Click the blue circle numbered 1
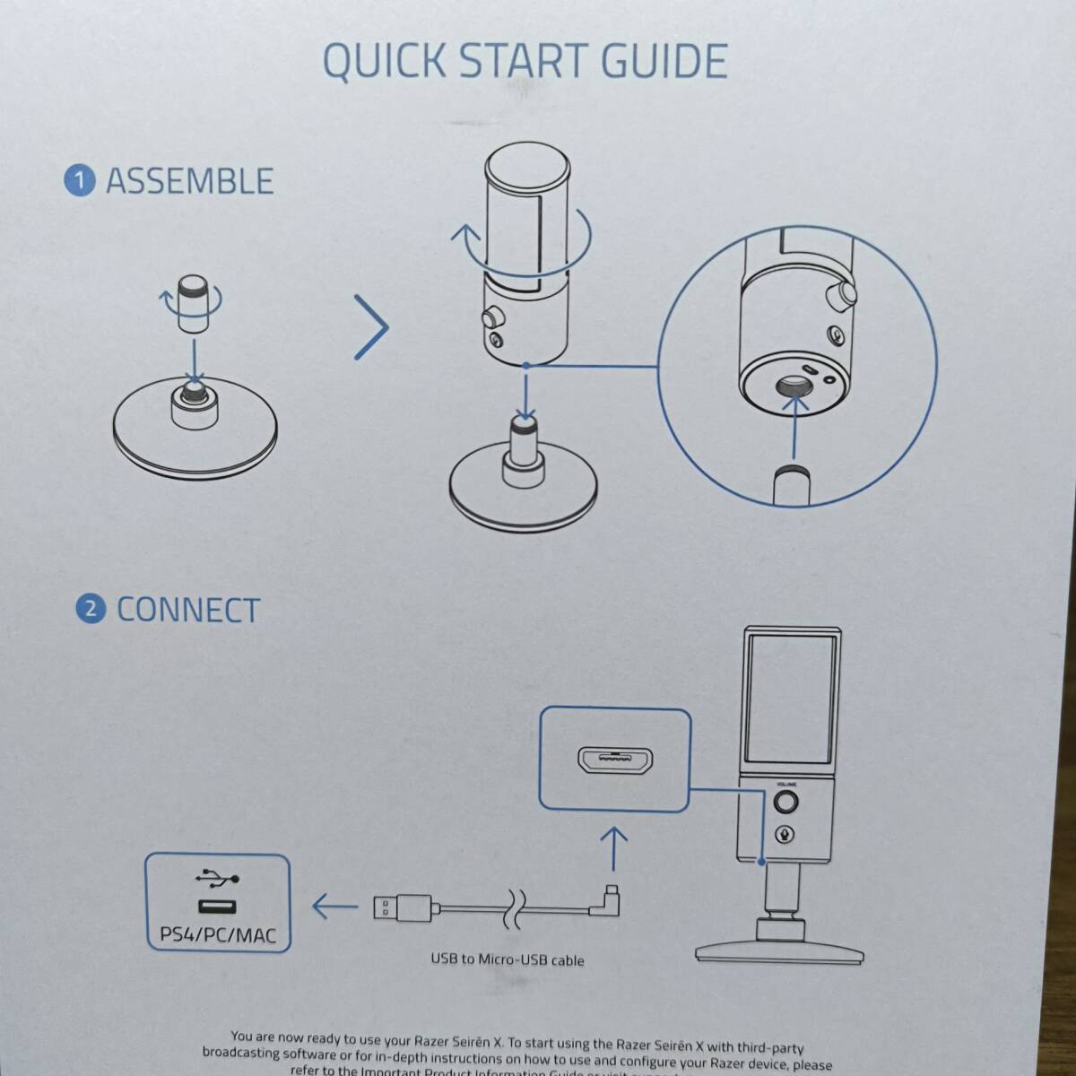point(79,181)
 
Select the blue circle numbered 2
point(90,610)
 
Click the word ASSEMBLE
point(189,181)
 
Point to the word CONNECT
point(188,610)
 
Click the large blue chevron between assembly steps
point(372,325)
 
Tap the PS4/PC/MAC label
point(218,935)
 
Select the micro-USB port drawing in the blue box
point(614,760)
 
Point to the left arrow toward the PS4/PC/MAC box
point(334,907)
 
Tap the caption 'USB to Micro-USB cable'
point(508,960)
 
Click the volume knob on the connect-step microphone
point(786,801)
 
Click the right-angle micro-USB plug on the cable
point(610,899)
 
